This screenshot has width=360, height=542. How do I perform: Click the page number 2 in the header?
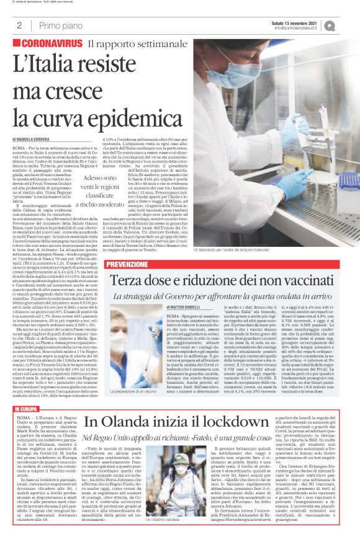tap(19, 25)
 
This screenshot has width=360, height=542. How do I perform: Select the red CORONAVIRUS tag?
tap(48, 45)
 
